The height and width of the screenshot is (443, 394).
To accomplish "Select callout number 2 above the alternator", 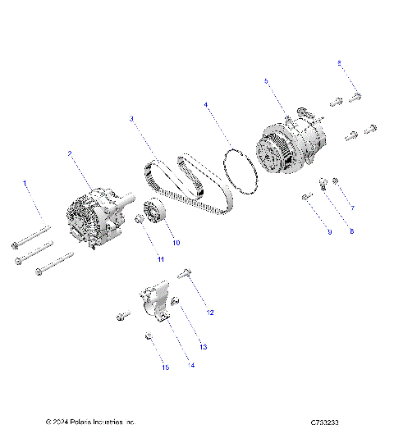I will click(70, 153).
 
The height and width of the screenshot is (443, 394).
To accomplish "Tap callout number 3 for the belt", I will click(131, 119).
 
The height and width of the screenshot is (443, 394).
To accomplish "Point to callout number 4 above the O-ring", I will click(206, 105).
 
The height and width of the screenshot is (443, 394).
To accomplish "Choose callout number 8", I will click(351, 232).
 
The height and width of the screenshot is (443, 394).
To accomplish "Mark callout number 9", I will click(329, 232).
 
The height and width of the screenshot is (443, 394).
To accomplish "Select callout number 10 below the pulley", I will click(176, 243).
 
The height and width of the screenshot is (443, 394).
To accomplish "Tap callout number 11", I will click(161, 259).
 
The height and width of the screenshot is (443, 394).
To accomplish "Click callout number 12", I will click(210, 313).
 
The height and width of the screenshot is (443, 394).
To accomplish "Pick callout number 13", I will click(203, 347).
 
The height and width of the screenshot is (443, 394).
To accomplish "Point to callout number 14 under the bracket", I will click(191, 365).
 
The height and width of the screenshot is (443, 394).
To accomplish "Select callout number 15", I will click(165, 368).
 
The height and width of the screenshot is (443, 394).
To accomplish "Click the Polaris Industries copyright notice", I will click(90, 422).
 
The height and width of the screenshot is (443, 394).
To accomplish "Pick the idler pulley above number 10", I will click(153, 214).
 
